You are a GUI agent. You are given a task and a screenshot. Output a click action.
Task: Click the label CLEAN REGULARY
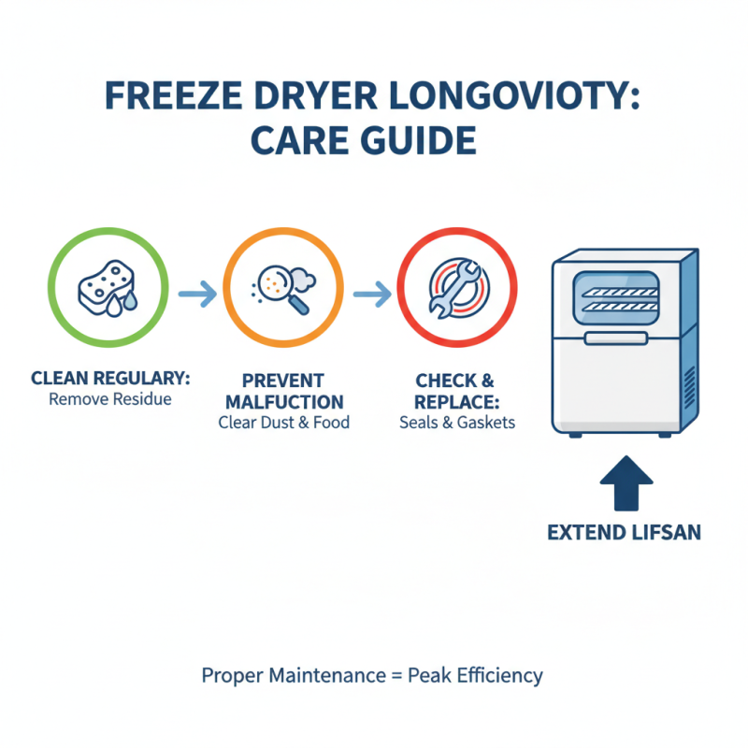(x=110, y=379)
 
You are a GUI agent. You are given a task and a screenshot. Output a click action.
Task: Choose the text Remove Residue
(x=110, y=399)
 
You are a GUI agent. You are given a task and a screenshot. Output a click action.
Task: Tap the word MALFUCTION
(x=282, y=402)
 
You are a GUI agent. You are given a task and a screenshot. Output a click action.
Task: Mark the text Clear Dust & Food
(x=283, y=422)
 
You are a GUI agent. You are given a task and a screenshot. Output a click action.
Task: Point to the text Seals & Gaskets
(x=453, y=422)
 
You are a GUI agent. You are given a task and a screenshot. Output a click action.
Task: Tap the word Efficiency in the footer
(x=499, y=675)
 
